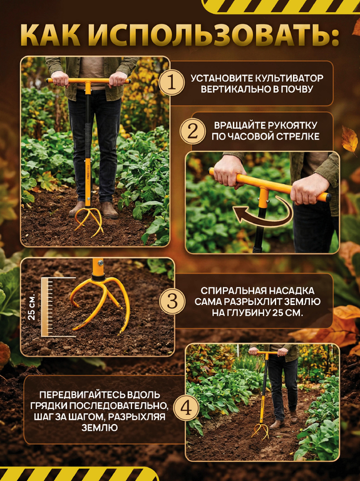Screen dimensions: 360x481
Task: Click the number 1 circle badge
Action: pos(172,83)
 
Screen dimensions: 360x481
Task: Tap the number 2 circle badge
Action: pos(193,132)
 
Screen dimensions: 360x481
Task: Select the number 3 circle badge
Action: pos(172,301)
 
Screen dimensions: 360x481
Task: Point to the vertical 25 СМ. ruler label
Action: pos(32,307)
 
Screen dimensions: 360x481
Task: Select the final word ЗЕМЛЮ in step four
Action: pos(100,428)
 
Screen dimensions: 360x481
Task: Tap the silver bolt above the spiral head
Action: pos(100,263)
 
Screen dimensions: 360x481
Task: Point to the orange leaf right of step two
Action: pos(349,140)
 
